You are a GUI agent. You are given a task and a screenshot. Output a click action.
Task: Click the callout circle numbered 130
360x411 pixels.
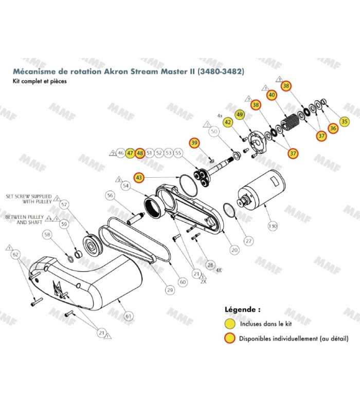[273, 226]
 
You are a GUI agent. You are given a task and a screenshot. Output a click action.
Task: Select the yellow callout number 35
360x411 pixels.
[345, 121]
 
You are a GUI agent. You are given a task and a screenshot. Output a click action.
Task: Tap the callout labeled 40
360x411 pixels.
[272, 95]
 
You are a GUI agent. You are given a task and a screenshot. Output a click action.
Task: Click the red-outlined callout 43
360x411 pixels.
[139, 177]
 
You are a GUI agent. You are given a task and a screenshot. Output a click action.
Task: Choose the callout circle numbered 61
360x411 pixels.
[128, 315]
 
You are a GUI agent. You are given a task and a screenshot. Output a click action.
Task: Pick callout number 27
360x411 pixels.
[248, 240]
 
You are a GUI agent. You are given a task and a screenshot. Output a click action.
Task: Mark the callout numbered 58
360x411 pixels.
[47, 235]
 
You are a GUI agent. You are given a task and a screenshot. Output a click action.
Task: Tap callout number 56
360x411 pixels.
[111, 195]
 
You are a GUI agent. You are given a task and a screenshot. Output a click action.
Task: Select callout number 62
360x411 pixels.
[15, 255]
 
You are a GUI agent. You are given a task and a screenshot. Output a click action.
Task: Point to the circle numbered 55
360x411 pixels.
[178, 153]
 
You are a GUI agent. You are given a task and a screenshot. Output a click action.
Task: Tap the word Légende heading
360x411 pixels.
[243, 310]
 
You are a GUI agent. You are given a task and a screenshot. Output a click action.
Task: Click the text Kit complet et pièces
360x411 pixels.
[41, 81]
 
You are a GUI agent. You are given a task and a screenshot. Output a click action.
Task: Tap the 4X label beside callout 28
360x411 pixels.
[219, 269]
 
